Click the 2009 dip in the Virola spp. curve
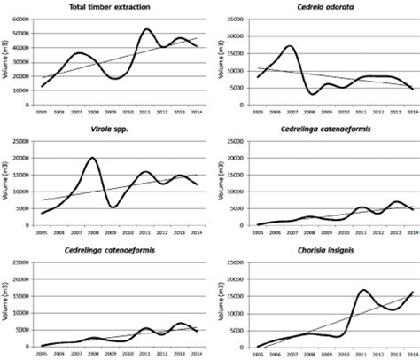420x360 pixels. coord(112,207)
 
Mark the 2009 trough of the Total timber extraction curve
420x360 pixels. coord(112,79)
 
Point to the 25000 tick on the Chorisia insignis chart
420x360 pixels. coord(237,262)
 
